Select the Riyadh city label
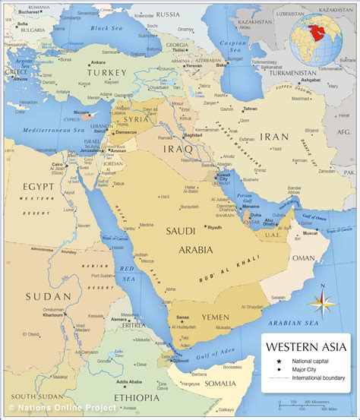[215, 227]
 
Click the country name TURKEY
[106, 71]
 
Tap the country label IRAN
[274, 137]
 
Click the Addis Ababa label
[130, 381]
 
